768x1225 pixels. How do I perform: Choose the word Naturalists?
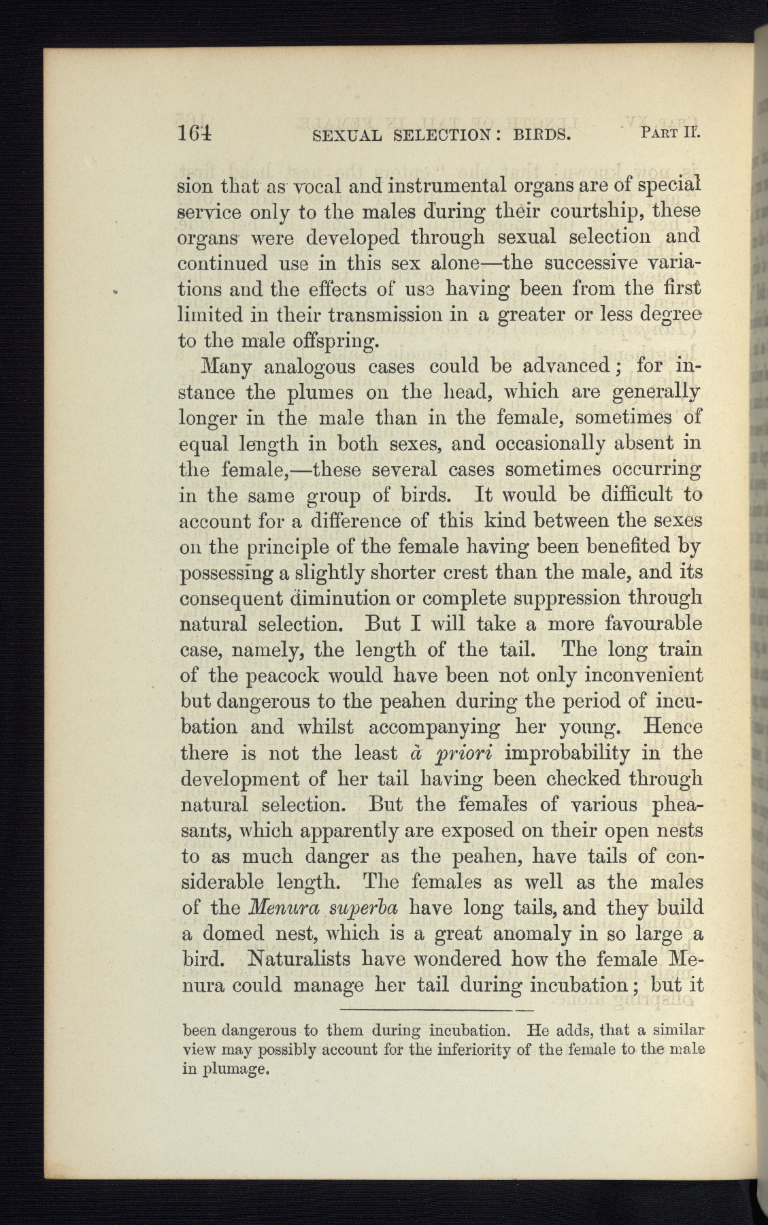296,960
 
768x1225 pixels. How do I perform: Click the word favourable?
641,624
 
